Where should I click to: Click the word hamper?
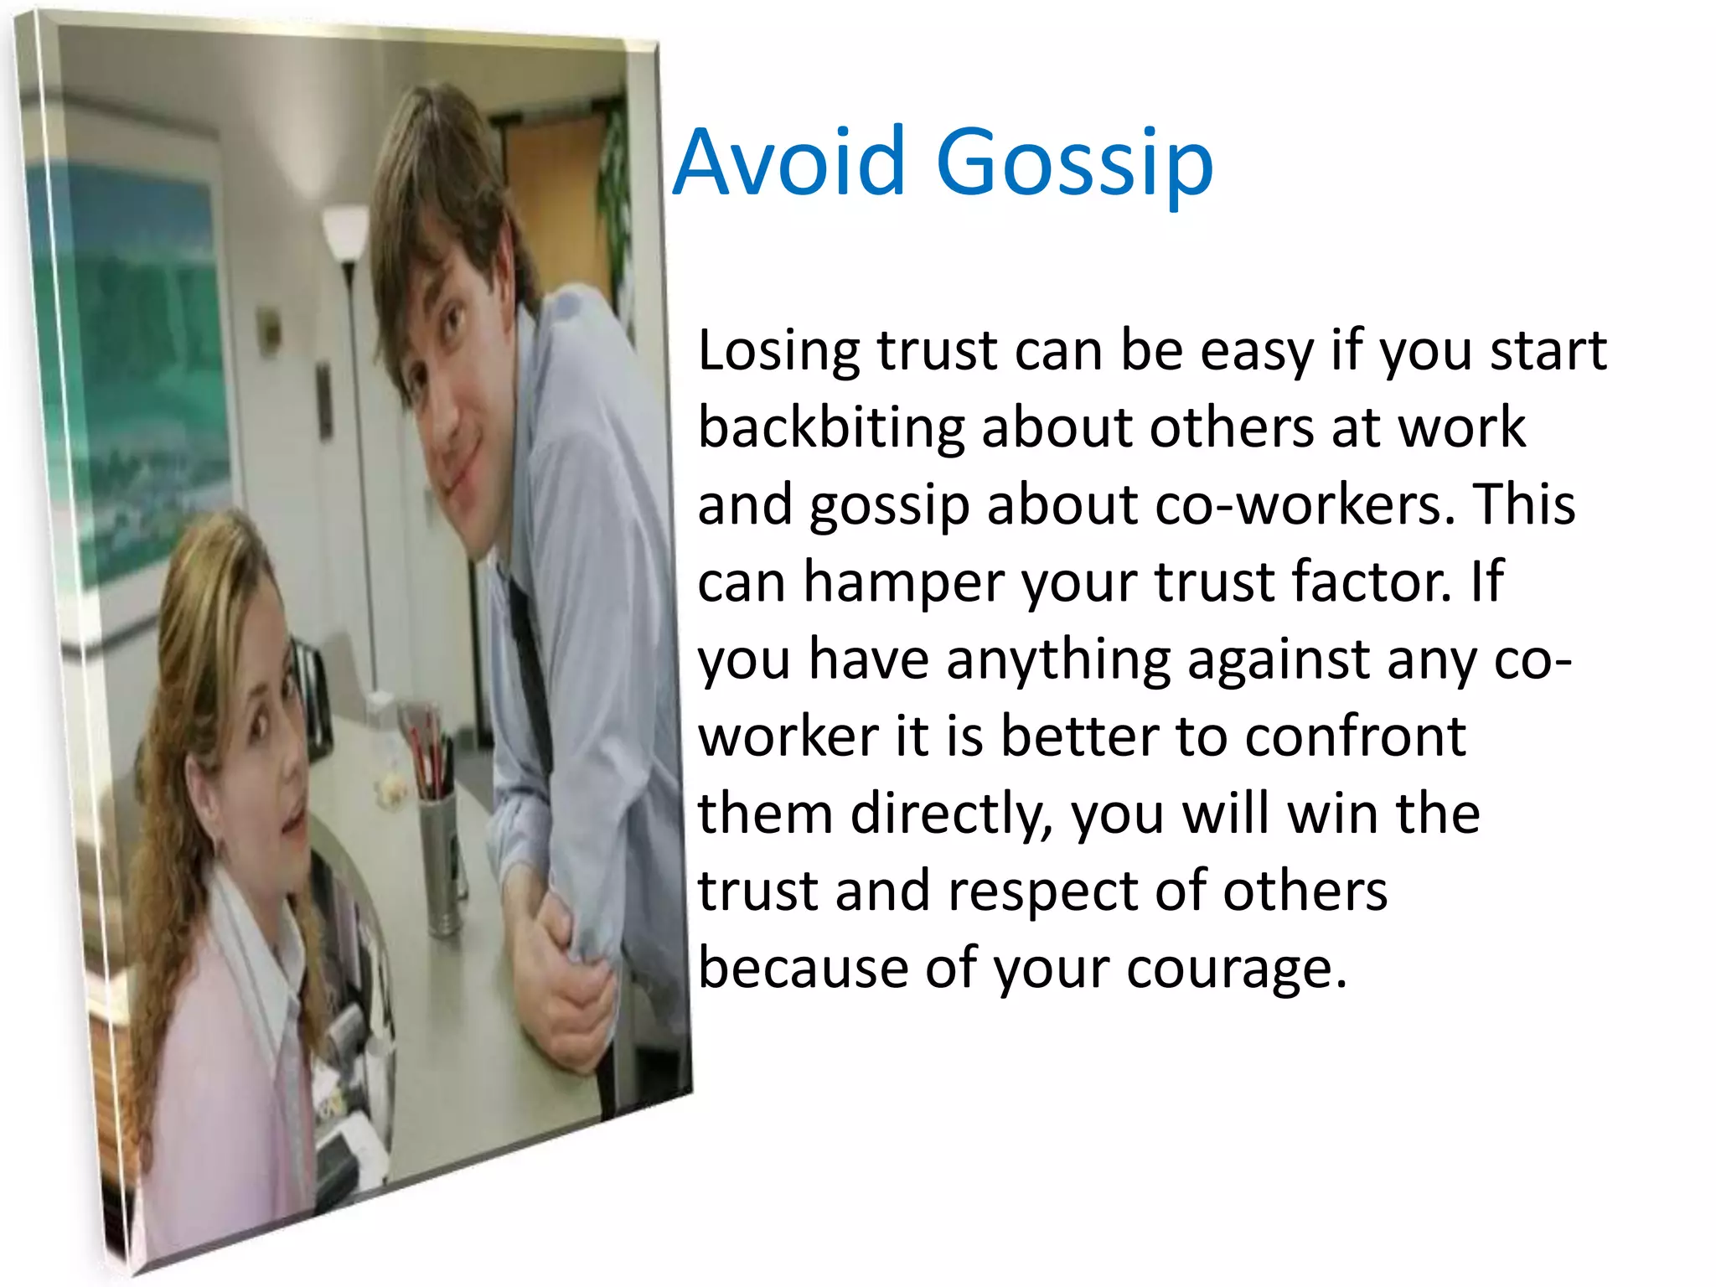(x=904, y=583)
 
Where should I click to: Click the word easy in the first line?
(x=1257, y=352)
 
